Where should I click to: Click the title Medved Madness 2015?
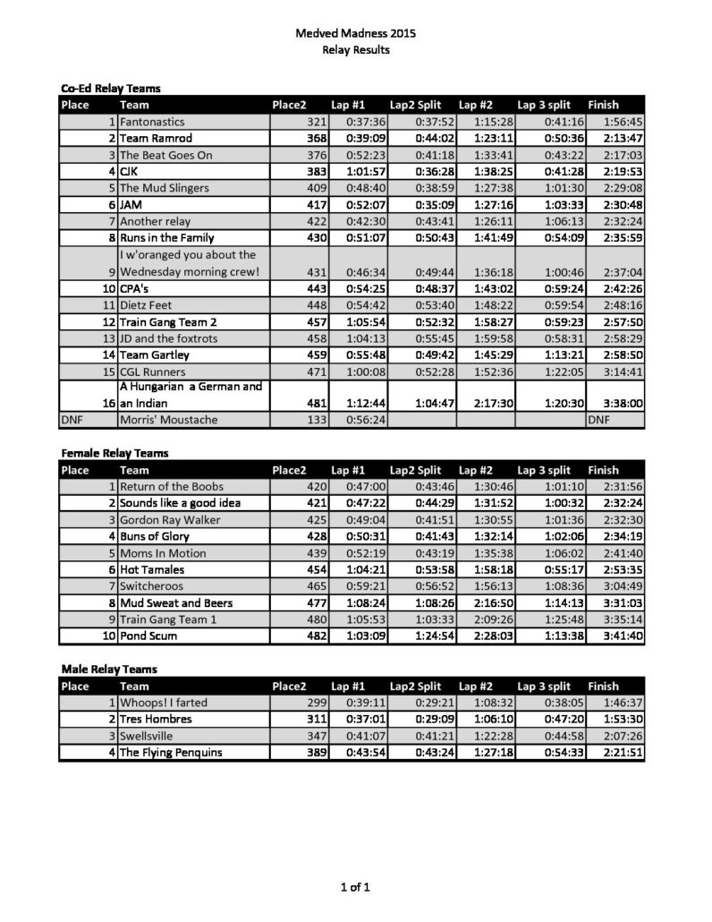(355, 33)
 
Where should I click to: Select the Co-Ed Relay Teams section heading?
(110, 89)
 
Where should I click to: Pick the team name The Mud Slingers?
(165, 188)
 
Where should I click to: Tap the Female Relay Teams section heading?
(114, 454)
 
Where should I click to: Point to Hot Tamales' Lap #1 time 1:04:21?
(365, 569)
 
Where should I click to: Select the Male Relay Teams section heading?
(108, 669)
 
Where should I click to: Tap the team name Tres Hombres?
(156, 719)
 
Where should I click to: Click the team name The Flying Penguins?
(171, 752)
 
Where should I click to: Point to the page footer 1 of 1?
(355, 887)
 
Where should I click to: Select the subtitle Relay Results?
(355, 50)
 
